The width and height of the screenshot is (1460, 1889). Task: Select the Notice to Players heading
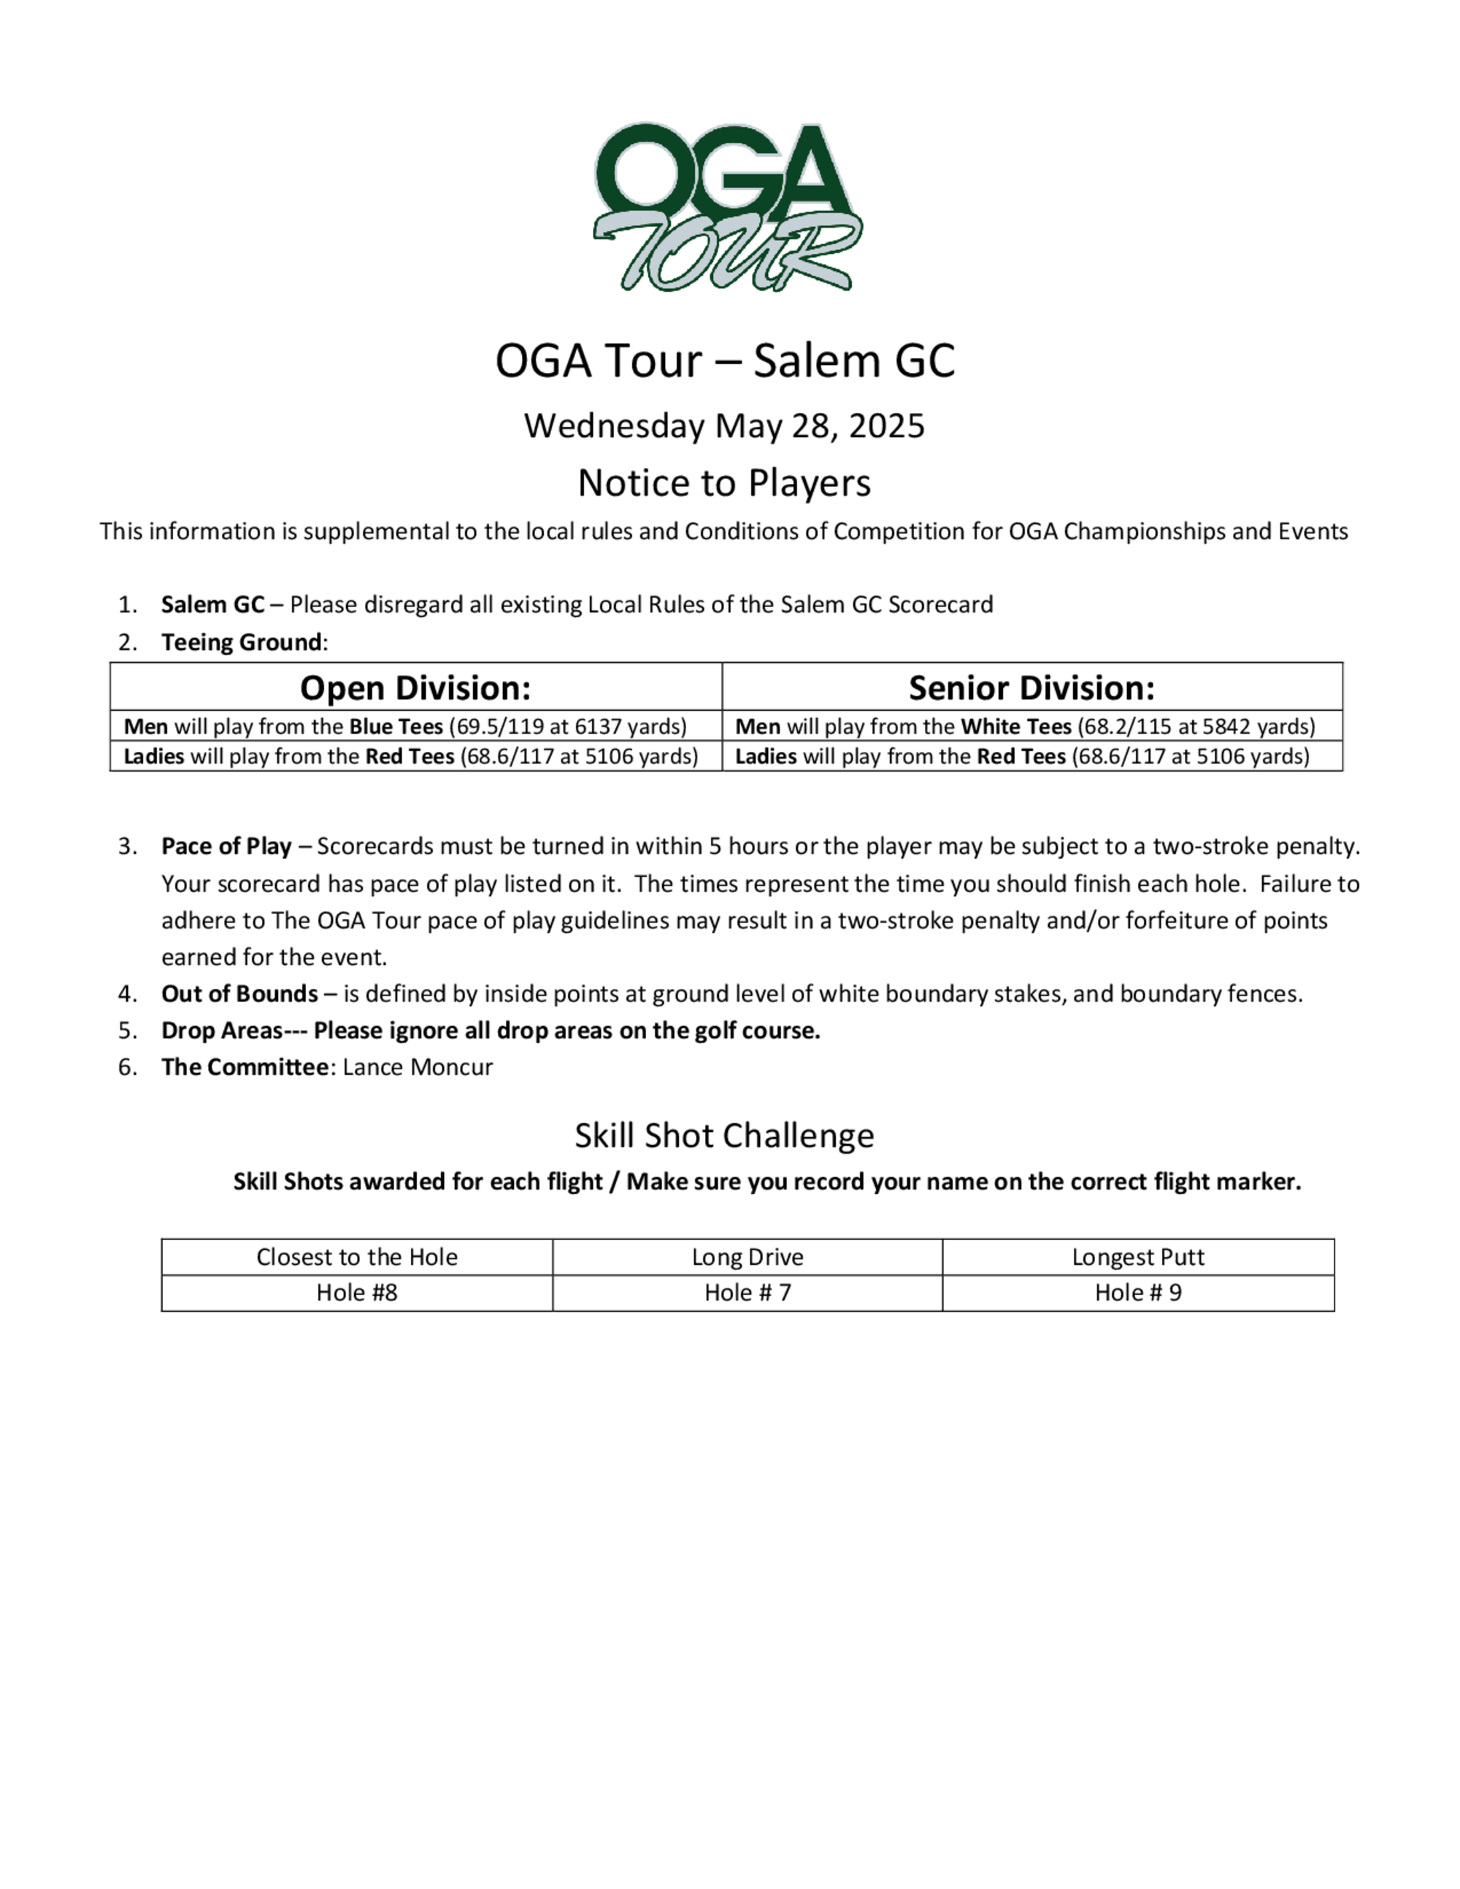(x=724, y=482)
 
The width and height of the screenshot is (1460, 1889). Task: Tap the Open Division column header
(x=415, y=688)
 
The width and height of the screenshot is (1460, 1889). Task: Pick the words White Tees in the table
(x=1015, y=726)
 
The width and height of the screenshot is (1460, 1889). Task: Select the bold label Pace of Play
(x=226, y=846)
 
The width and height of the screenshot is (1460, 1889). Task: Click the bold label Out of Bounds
(x=239, y=994)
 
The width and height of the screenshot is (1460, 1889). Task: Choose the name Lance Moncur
(x=418, y=1067)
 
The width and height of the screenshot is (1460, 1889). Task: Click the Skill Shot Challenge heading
(x=724, y=1136)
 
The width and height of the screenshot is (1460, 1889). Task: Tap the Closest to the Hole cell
(x=356, y=1257)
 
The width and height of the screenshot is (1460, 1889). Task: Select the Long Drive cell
(x=748, y=1257)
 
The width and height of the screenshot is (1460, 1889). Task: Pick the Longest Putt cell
(x=1137, y=1257)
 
